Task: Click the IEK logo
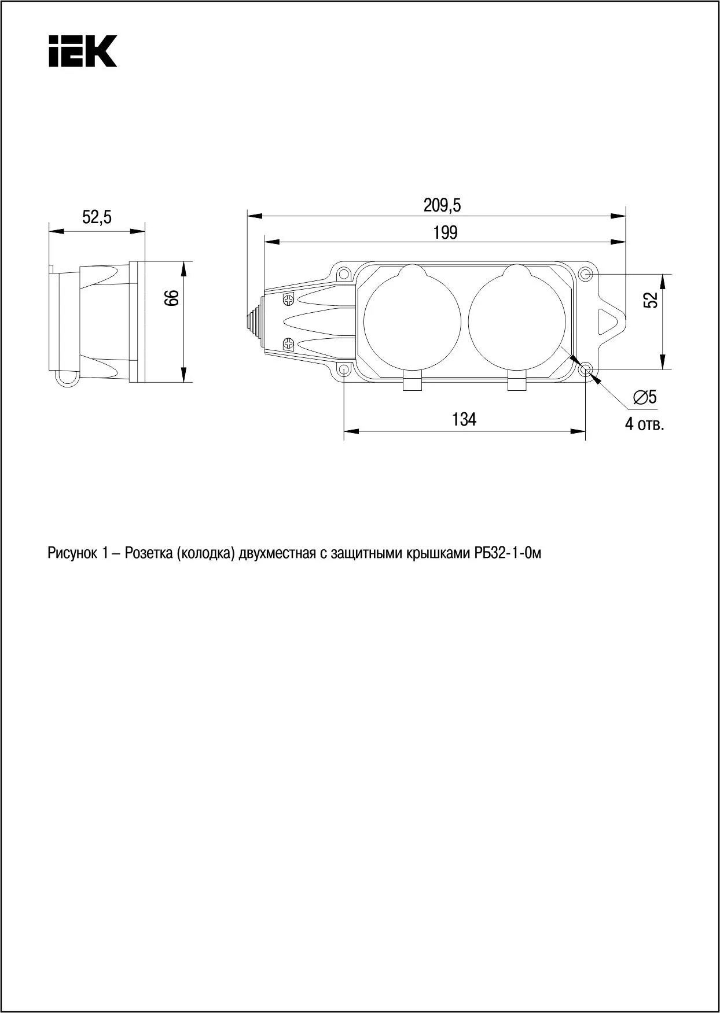point(82,51)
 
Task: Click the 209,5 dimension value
point(442,205)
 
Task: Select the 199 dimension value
point(445,232)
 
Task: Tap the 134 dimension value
point(464,419)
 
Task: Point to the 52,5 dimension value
point(97,218)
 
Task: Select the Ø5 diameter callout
point(644,397)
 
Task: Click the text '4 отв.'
point(644,424)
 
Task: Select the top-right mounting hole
point(586,273)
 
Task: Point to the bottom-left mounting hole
point(344,369)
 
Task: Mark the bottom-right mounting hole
point(586,369)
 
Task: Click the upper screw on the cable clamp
point(289,300)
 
